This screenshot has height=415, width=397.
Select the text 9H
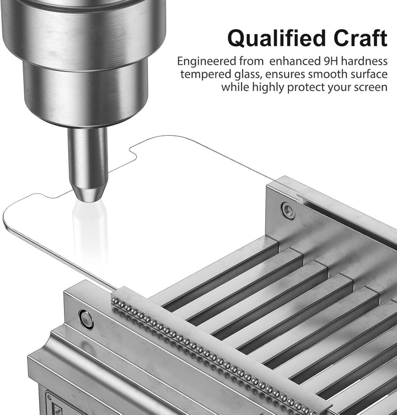[331, 61]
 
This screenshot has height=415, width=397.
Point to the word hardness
[364, 61]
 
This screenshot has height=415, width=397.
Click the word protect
[306, 87]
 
